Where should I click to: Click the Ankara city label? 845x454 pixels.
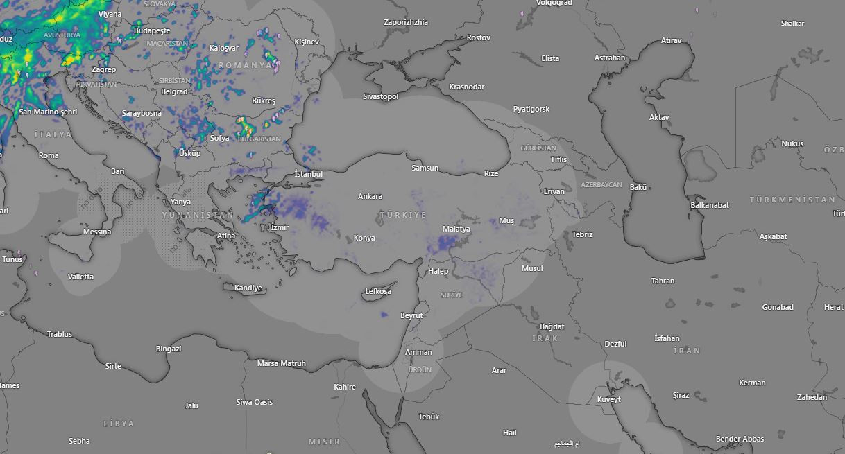370,197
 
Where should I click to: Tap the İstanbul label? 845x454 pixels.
308,174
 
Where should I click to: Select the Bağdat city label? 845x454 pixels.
552,326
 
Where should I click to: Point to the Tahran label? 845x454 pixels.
663,281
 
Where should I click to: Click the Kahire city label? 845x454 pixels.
345,387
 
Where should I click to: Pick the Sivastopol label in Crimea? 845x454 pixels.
381,96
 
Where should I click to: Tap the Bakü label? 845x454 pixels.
638,187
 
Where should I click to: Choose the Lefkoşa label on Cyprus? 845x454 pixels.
378,292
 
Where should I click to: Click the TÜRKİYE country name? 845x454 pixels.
403,216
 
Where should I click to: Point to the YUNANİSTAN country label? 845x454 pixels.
198,216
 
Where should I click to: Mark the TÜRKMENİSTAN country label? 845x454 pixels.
792,200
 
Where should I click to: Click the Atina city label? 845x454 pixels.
226,236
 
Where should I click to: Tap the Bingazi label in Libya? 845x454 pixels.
169,349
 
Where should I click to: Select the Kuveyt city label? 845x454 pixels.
609,399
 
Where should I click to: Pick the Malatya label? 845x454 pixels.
456,229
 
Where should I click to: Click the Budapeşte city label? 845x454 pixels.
152,31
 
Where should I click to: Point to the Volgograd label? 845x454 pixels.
554,3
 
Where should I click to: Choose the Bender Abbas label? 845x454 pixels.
740,439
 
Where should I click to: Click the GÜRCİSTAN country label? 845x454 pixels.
538,148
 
